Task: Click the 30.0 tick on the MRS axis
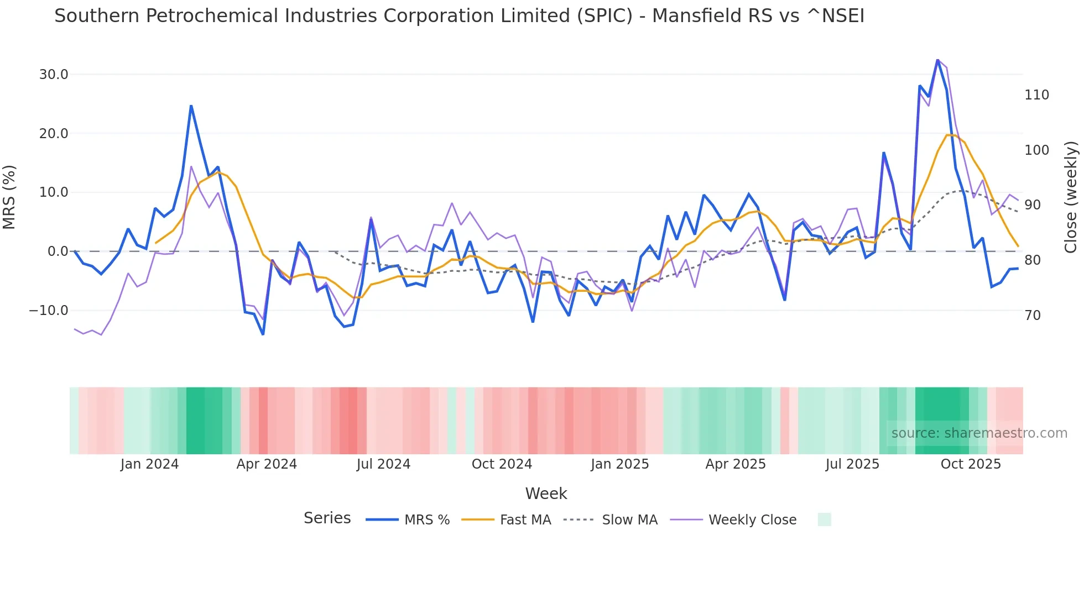click(x=54, y=75)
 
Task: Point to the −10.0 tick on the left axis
click(x=49, y=311)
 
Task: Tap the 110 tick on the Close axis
click(x=1036, y=95)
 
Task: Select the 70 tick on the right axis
click(x=1033, y=316)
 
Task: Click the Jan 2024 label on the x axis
click(x=149, y=464)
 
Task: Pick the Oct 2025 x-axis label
click(x=971, y=464)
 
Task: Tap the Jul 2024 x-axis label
click(x=383, y=464)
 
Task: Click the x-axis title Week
click(x=546, y=494)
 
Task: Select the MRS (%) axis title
click(x=9, y=197)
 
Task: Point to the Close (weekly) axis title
click(x=1071, y=197)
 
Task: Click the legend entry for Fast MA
click(x=525, y=520)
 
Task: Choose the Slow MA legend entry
click(x=629, y=520)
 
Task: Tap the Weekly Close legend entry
click(x=752, y=520)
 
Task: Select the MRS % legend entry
click(x=426, y=520)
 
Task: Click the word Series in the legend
click(x=327, y=518)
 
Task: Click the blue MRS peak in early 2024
click(x=191, y=106)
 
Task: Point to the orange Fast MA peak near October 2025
click(x=947, y=135)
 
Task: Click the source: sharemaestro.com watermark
click(x=979, y=433)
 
